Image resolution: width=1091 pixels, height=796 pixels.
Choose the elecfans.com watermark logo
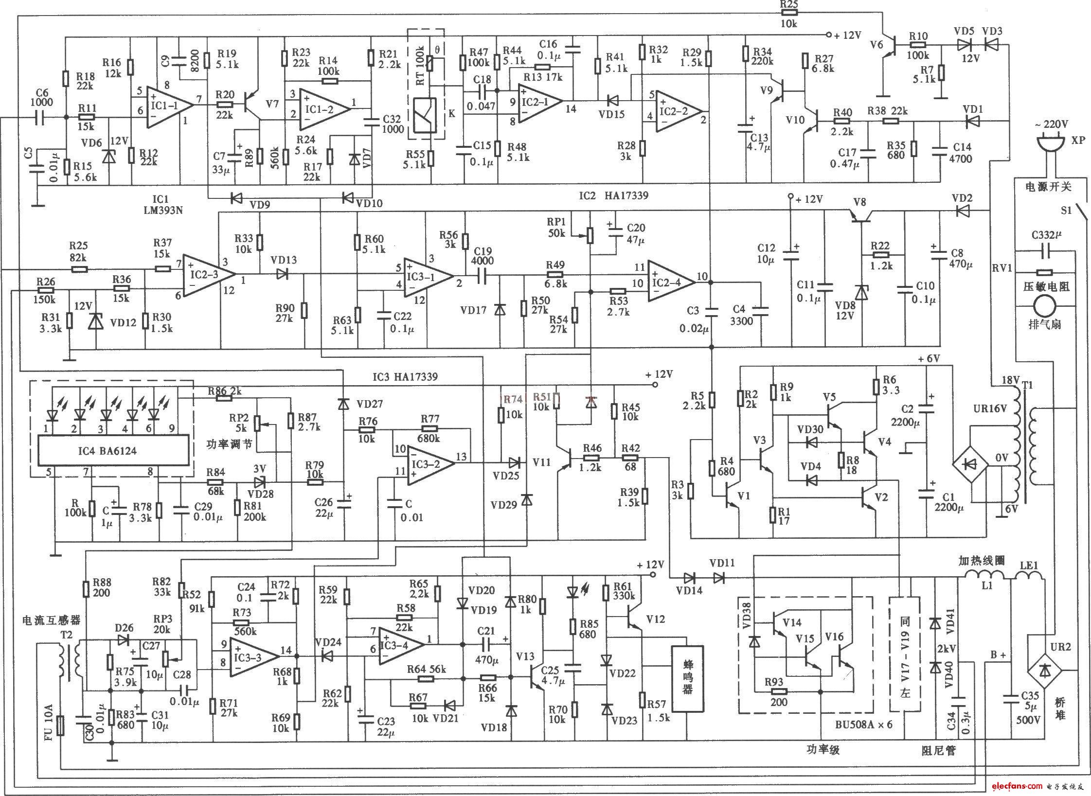(x=1010, y=786)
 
